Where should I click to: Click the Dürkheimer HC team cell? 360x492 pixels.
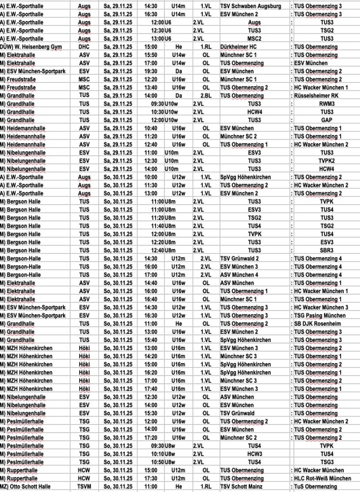pos(238,47)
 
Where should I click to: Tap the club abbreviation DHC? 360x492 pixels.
pos(84,47)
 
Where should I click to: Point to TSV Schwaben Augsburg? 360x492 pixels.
pos(250,6)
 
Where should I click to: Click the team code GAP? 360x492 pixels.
pos(326,120)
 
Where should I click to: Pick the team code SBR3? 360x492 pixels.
pos(326,250)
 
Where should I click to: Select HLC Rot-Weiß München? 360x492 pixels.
pos(322,478)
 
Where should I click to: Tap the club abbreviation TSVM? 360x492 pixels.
pos(84,487)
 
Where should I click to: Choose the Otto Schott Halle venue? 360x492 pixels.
pos(29,487)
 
